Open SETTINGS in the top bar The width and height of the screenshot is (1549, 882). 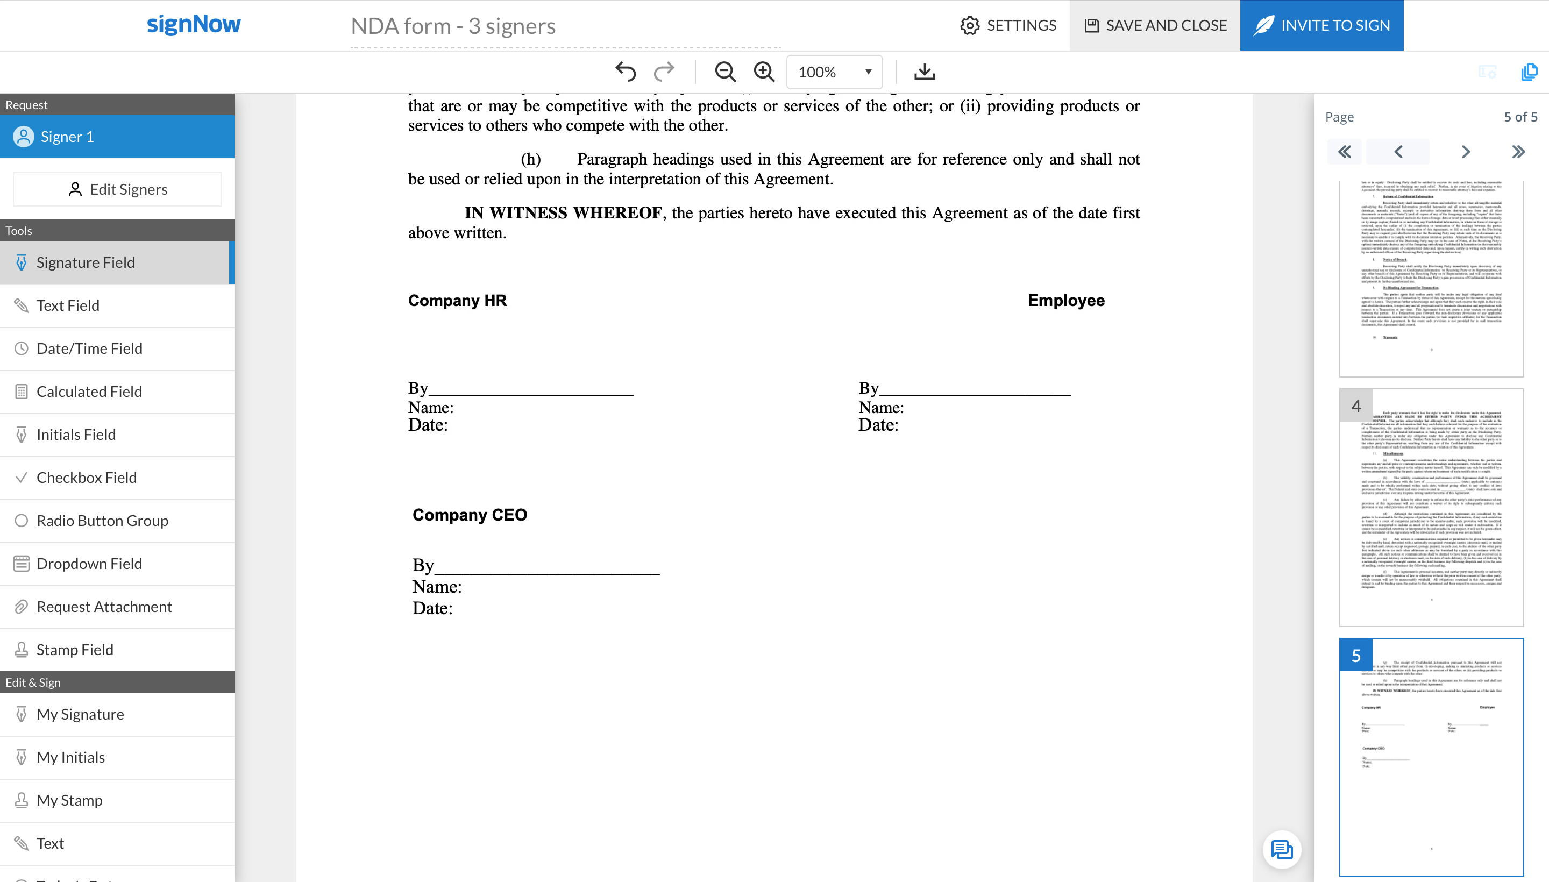[x=1008, y=25]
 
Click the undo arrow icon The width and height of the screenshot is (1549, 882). [x=625, y=72]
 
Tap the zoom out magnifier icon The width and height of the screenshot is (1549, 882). [x=724, y=72]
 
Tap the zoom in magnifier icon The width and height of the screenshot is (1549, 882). [x=764, y=72]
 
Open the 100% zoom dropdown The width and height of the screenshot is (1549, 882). [x=834, y=72]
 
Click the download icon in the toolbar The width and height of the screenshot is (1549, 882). [x=924, y=72]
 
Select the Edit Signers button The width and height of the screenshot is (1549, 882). [x=118, y=190]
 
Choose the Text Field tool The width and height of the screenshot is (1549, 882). [x=68, y=305]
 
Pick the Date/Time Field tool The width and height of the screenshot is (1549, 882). [x=89, y=348]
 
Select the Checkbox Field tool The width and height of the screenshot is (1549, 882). [x=86, y=478]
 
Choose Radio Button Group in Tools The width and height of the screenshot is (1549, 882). [x=102, y=521]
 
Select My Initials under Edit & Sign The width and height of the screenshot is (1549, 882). [x=70, y=757]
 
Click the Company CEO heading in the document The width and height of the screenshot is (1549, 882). [x=470, y=514]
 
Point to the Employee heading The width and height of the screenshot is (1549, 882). [x=1065, y=301]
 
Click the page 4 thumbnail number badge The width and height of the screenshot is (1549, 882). [x=1356, y=406]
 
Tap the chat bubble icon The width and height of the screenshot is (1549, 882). [x=1281, y=849]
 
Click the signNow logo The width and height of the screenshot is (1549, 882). [x=194, y=24]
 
